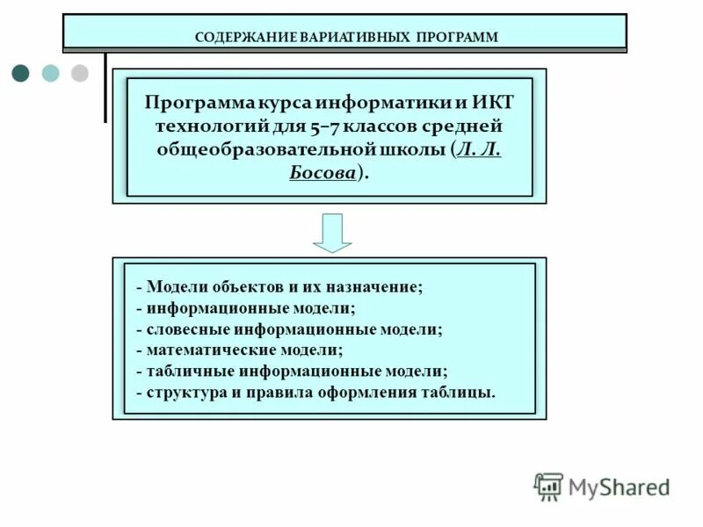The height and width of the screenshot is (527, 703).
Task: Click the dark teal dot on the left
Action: [21, 73]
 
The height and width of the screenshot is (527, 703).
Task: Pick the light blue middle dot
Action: [51, 73]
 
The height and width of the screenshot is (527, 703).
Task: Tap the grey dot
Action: [80, 73]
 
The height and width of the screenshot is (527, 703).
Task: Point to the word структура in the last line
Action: [183, 392]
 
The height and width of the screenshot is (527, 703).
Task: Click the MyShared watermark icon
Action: [548, 486]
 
